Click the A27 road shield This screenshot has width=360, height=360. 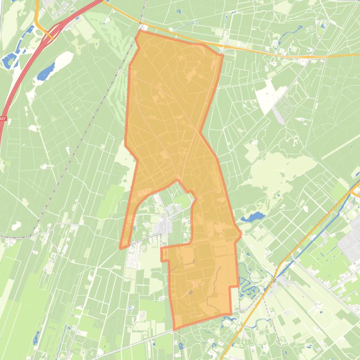tap(2, 119)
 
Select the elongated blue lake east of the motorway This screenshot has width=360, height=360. tap(46, 72)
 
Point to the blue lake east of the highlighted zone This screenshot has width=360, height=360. tap(253, 217)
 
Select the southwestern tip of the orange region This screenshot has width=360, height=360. tap(121, 248)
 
